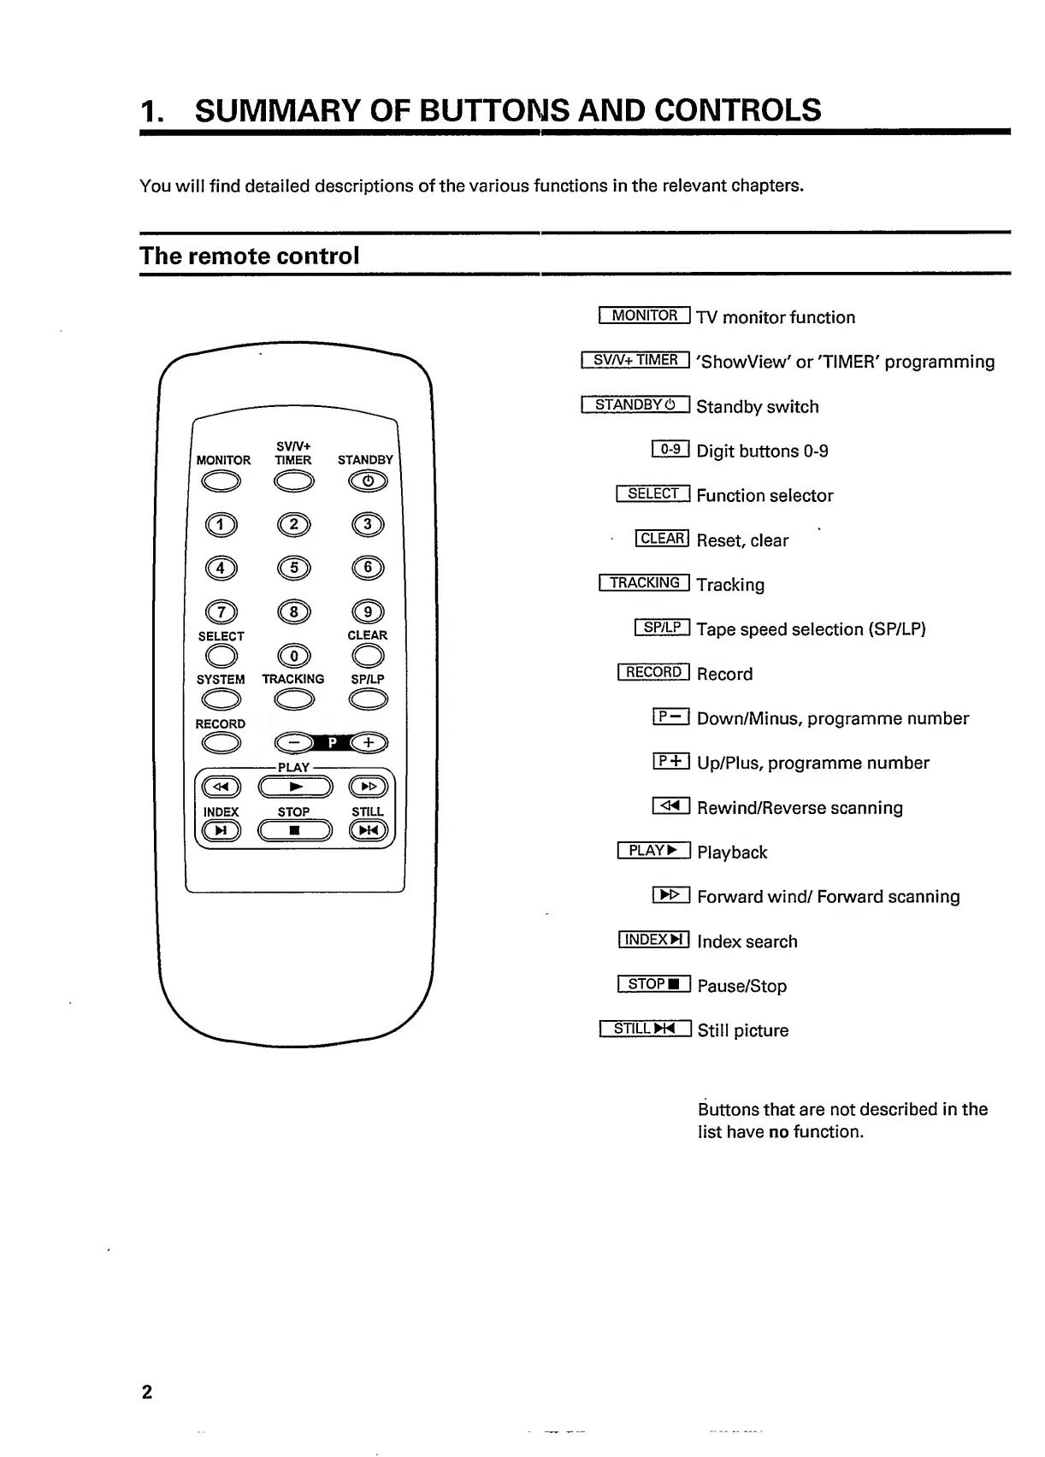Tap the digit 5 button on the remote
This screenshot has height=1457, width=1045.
pyautogui.click(x=294, y=568)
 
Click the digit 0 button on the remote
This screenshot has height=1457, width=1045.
pyautogui.click(x=294, y=656)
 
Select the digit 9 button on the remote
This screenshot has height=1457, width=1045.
pyautogui.click(x=368, y=612)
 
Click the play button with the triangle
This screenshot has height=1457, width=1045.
pyautogui.click(x=295, y=787)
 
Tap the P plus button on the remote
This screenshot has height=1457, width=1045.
pyautogui.click(x=369, y=742)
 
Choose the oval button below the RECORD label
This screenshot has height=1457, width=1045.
pyautogui.click(x=221, y=744)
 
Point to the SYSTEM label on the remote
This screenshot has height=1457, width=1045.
pyautogui.click(x=221, y=679)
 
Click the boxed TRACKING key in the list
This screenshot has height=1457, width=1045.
pyautogui.click(x=645, y=583)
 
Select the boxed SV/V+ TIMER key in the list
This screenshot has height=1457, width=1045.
pyautogui.click(x=635, y=360)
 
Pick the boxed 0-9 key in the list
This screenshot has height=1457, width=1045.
pyautogui.click(x=670, y=449)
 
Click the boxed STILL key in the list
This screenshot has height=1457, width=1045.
pyautogui.click(x=646, y=1029)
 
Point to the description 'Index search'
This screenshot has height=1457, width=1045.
pyautogui.click(x=747, y=941)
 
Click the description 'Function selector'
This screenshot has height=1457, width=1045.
pyautogui.click(x=765, y=496)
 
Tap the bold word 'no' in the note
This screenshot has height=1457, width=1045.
pyautogui.click(x=778, y=1132)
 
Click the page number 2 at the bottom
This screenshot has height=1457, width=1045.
pyautogui.click(x=147, y=1391)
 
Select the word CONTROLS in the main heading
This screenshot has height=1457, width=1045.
pyautogui.click(x=737, y=110)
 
